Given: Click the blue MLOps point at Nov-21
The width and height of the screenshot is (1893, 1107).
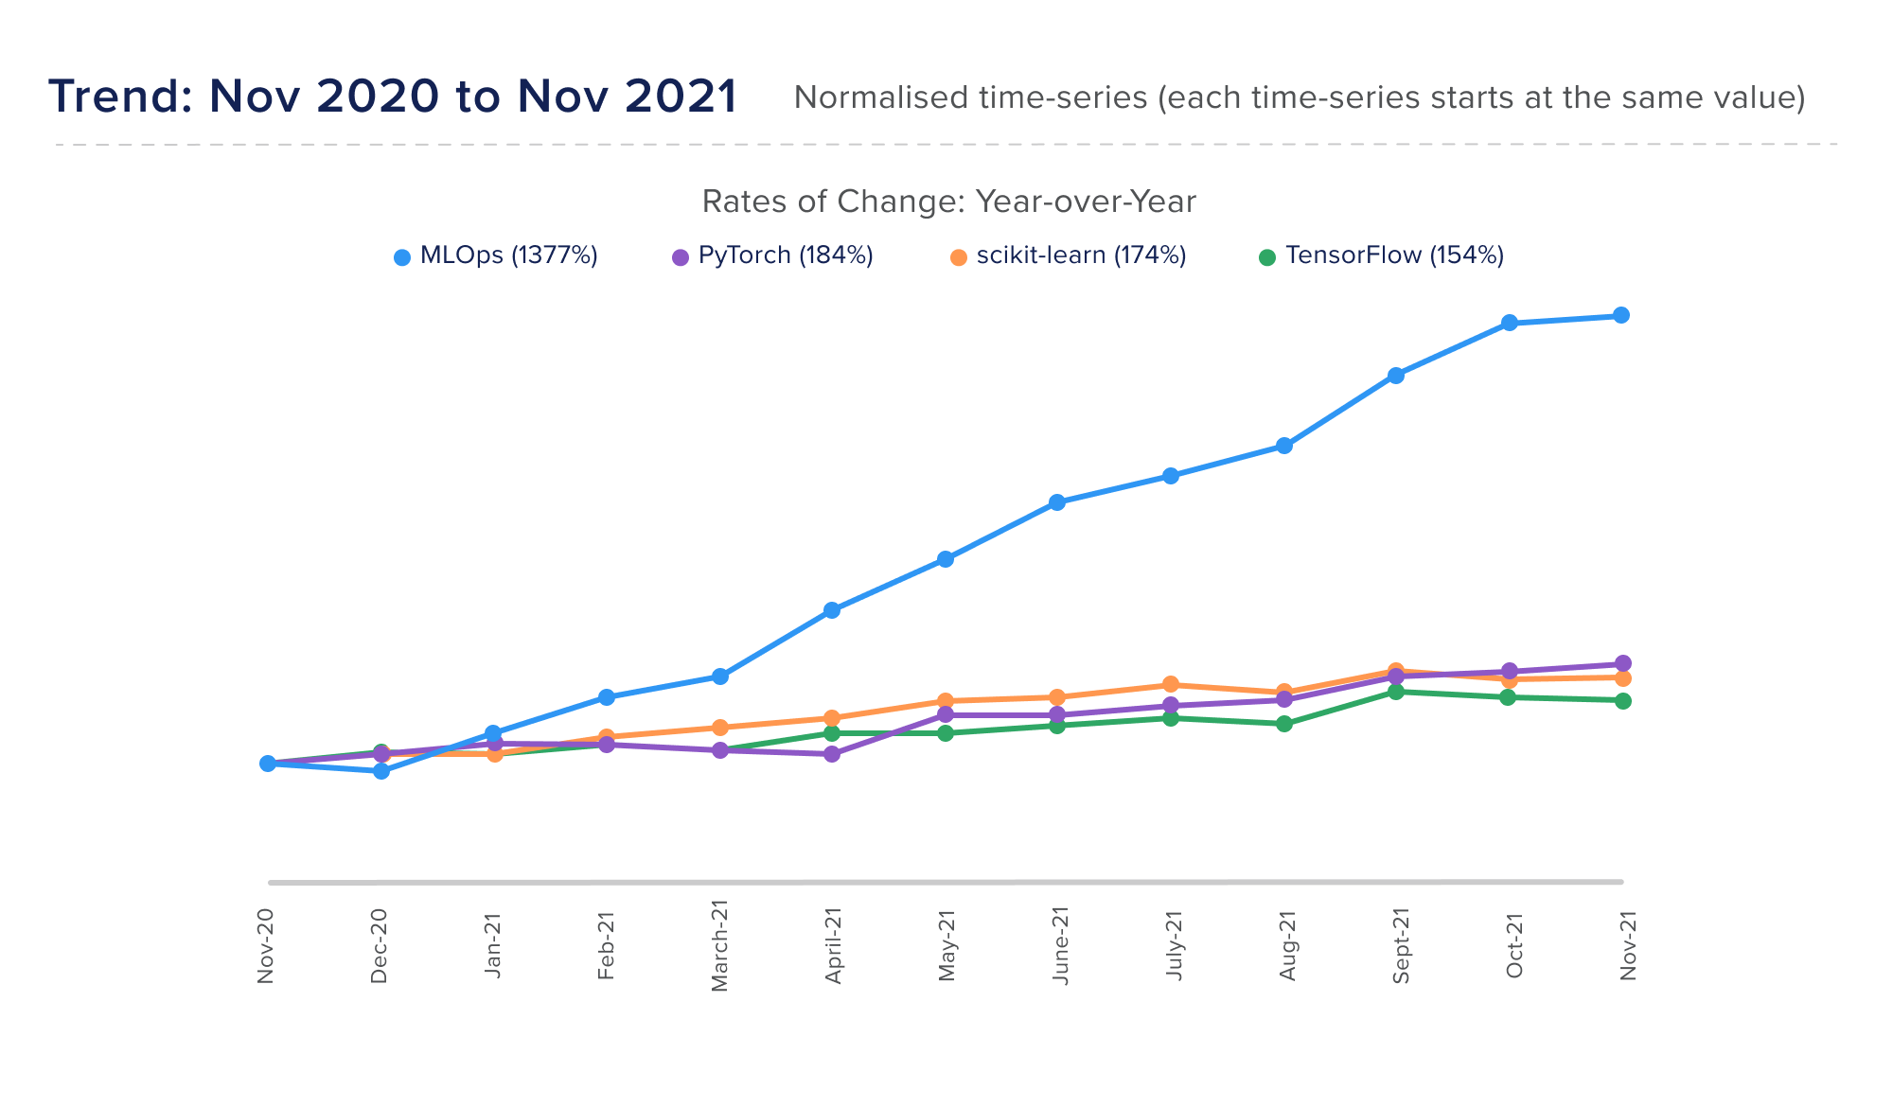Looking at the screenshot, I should coord(1621,315).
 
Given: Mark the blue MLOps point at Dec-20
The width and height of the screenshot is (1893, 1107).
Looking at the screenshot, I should coord(381,771).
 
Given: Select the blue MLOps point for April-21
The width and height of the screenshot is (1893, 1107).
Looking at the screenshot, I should coord(832,610).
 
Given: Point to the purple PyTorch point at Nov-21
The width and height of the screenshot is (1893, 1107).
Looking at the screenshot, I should coord(1623,663).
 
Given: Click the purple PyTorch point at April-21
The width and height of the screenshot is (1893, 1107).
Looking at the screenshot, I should coord(832,754).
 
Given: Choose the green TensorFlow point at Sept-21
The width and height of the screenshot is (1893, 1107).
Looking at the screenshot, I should coord(1396,692).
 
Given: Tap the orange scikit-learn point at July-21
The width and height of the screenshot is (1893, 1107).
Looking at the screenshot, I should coord(1171,684).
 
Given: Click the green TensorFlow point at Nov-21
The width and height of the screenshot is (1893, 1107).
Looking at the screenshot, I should coord(1623,701).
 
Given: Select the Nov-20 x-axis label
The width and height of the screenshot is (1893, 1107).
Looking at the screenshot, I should coord(266,946).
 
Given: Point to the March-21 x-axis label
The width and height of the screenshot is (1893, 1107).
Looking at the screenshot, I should coord(719,946).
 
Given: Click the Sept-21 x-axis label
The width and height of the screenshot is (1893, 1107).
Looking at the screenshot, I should coord(1401,946).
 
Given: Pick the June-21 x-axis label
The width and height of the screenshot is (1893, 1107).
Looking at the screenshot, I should coord(1060,946).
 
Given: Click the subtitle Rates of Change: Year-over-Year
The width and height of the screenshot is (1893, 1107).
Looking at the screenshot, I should coord(948,202).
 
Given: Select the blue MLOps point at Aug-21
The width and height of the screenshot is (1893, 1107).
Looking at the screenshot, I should coord(1284,446).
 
